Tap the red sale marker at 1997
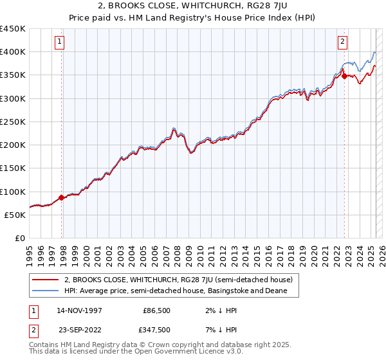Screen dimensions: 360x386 tap(62, 197)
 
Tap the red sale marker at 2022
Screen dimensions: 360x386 tap(344, 76)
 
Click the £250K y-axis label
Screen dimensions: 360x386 tap(13, 122)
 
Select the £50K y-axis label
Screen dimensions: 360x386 tap(15, 215)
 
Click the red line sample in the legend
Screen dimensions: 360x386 tap(44, 280)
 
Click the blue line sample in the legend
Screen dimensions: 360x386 tap(44, 291)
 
